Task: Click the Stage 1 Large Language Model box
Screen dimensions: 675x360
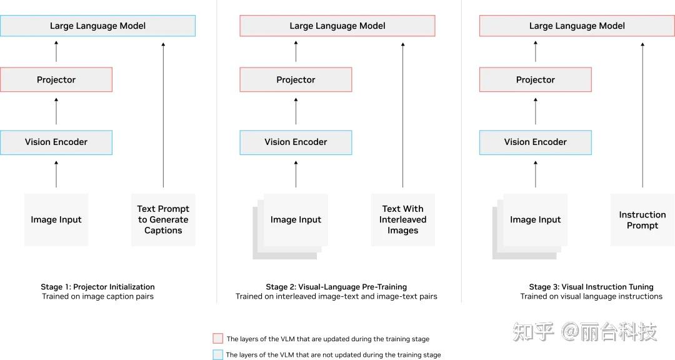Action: [x=97, y=26]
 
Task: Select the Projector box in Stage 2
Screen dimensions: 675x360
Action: [x=296, y=79]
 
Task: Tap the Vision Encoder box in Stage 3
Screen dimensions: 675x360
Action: [x=536, y=142]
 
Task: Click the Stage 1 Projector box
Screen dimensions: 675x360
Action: [x=56, y=79]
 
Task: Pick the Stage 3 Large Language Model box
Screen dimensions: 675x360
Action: [x=577, y=26]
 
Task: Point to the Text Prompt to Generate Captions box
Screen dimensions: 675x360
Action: [x=163, y=219]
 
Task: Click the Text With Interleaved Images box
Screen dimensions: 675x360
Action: [x=403, y=219]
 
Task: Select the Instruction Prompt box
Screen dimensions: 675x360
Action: [x=642, y=219]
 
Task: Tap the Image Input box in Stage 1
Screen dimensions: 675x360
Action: [x=56, y=219]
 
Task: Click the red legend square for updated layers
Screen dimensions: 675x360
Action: [x=218, y=339]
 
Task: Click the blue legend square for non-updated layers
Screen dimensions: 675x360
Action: [x=218, y=354]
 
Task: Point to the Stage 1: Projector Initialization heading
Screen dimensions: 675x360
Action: [x=97, y=287]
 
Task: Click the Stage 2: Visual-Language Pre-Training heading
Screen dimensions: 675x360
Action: [x=336, y=287]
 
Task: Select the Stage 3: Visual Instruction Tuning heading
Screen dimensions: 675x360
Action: [x=591, y=287]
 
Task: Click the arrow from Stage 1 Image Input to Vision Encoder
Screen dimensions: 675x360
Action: [x=56, y=174]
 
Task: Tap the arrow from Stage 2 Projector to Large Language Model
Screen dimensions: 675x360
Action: [x=296, y=51]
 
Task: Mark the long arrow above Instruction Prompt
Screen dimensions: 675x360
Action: [x=642, y=114]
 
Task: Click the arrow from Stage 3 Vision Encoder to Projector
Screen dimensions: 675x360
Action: [x=536, y=111]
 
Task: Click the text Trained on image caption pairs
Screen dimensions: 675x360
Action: [x=97, y=296]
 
